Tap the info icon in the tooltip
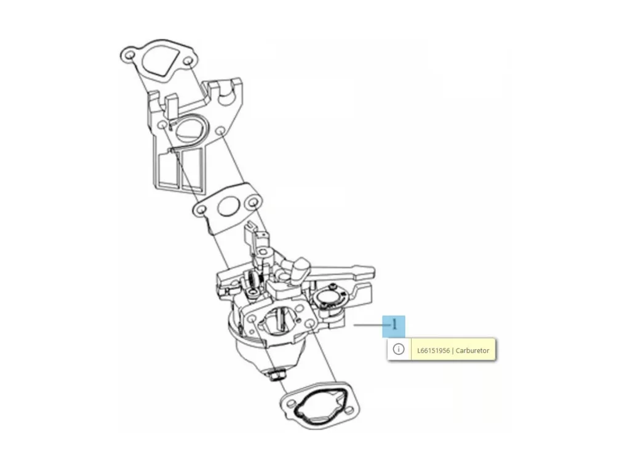[398, 349]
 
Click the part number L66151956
[433, 350]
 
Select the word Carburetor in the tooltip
[472, 350]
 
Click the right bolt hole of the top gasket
[188, 61]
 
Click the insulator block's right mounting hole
[220, 132]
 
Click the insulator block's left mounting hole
[163, 125]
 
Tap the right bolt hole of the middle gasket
[253, 202]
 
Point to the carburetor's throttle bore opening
[279, 320]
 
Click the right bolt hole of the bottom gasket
[349, 410]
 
